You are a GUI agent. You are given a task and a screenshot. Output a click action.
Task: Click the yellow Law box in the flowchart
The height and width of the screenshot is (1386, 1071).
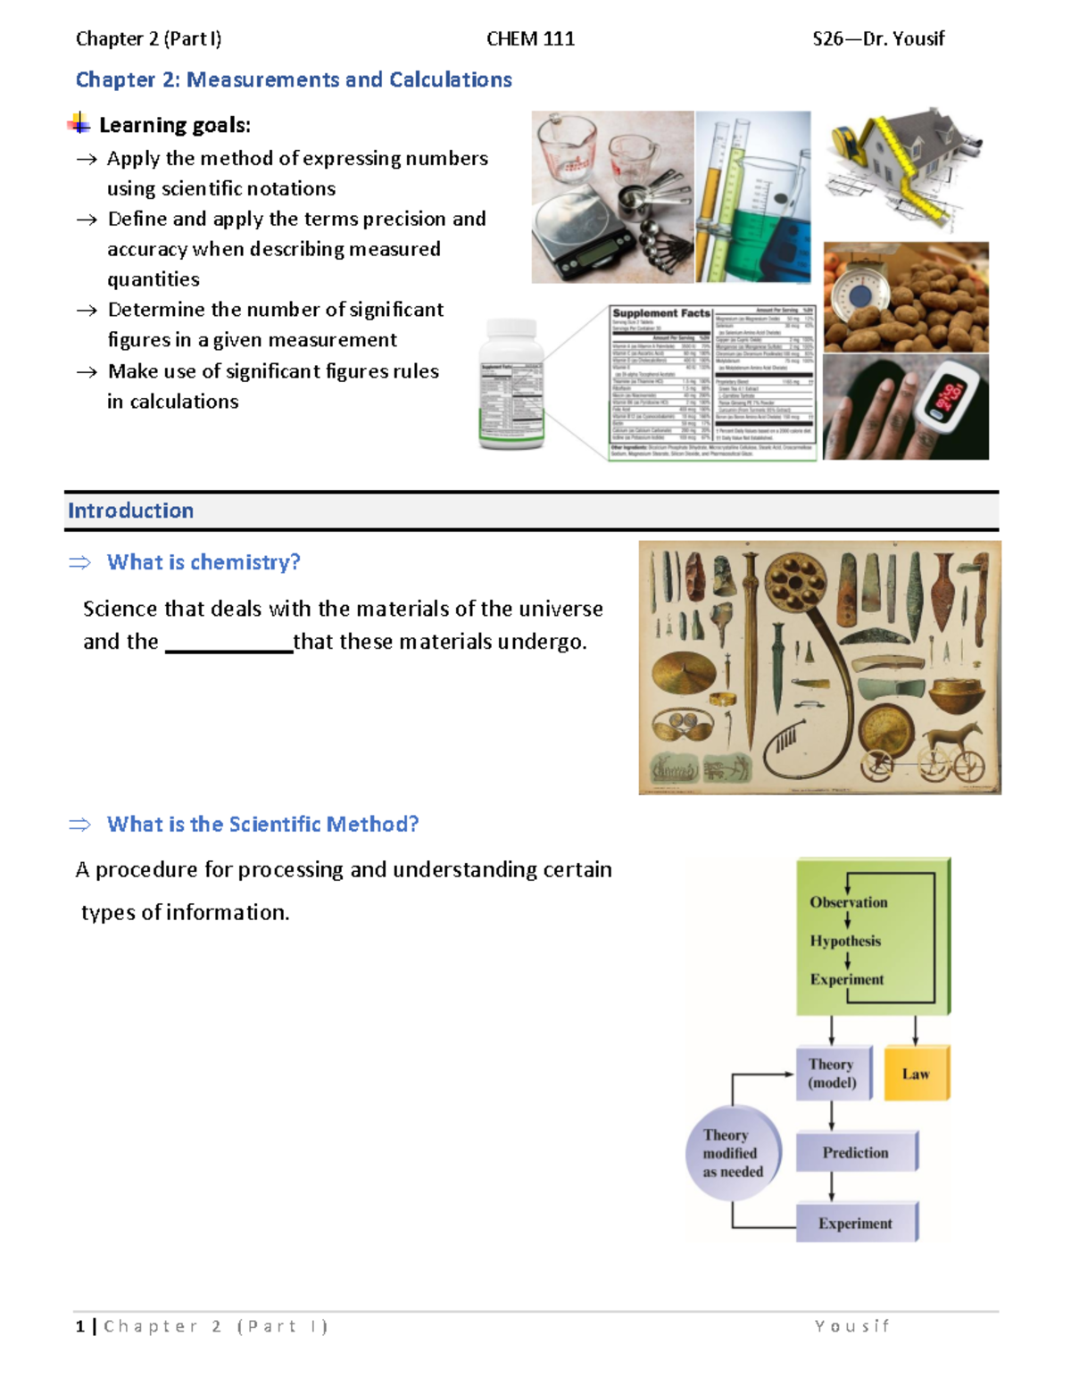[x=916, y=1074]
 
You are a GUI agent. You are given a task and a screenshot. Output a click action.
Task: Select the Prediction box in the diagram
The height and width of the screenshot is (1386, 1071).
[x=855, y=1152]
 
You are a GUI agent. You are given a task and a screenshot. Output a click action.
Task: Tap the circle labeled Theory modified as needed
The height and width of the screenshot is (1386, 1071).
[x=733, y=1153]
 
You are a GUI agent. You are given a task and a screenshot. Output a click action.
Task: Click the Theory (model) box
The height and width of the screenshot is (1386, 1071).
[x=832, y=1074]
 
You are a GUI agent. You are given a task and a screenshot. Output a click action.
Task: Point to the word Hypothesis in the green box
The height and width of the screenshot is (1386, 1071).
[x=845, y=941]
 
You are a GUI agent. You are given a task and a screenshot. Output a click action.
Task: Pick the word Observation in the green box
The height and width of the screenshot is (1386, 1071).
[x=849, y=902]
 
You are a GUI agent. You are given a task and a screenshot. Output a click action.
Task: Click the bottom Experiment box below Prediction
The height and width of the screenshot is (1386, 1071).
[x=855, y=1224]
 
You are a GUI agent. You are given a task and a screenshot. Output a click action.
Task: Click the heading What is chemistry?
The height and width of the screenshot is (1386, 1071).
[x=203, y=562]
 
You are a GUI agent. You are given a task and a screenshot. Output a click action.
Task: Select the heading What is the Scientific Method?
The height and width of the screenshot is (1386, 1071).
[x=262, y=824]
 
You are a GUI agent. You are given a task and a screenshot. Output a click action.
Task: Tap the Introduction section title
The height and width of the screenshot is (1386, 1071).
[x=131, y=510]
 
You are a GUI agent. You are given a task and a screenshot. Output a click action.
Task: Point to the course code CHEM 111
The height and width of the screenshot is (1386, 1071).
[x=530, y=38]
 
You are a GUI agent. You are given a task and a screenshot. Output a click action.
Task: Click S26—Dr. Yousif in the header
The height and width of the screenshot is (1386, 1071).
[x=878, y=38]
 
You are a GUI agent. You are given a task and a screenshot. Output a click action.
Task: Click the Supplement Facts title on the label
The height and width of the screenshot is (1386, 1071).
[x=660, y=313]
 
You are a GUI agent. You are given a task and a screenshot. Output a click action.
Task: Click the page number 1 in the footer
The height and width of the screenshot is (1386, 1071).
[x=80, y=1326]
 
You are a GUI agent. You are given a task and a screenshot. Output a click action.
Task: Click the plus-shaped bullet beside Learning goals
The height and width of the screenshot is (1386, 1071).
[x=79, y=124]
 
